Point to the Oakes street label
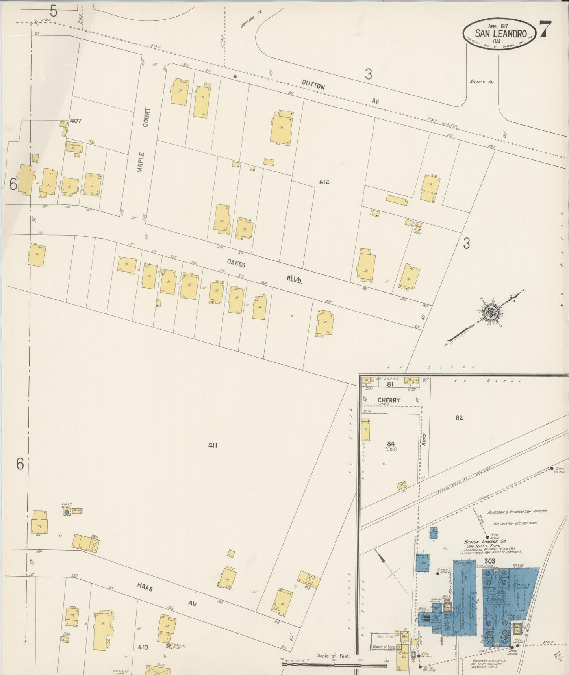(x=236, y=263)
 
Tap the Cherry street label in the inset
(x=389, y=400)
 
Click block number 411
(x=213, y=445)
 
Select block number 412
(x=324, y=182)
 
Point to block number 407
(x=76, y=121)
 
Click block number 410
(x=143, y=647)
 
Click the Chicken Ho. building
(x=74, y=147)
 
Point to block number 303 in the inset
(x=490, y=561)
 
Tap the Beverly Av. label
(x=481, y=82)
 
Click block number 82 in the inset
(x=459, y=418)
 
